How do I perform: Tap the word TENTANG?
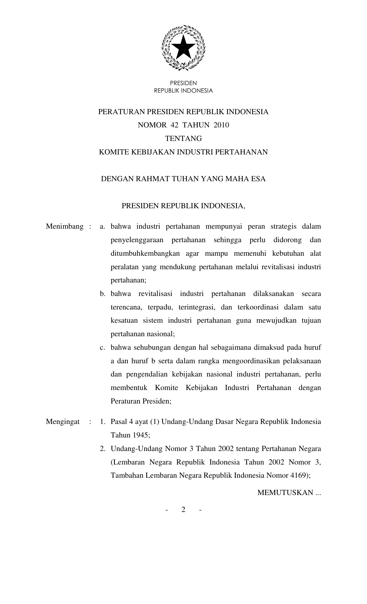click(x=183, y=139)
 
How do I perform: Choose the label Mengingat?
click(x=63, y=422)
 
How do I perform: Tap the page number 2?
click(x=183, y=510)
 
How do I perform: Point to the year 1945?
click(x=141, y=435)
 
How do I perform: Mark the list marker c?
click(x=102, y=347)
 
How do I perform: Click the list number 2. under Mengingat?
click(x=102, y=449)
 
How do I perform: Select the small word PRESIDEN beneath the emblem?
click(x=183, y=83)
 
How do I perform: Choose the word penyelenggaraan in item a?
click(x=137, y=240)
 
